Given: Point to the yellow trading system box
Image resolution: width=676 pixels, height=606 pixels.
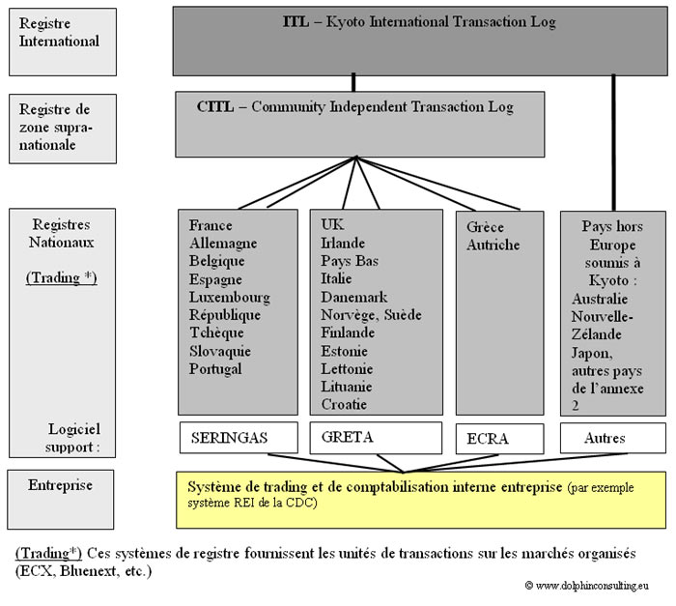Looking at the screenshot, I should [x=420, y=499].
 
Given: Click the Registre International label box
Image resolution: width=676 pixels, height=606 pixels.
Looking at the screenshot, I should [x=62, y=42].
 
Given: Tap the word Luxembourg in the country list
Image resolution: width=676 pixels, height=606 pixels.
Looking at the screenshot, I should [x=230, y=297].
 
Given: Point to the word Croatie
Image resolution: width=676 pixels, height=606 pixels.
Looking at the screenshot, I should [x=345, y=404].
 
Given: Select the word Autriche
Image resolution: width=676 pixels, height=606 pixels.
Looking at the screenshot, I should [x=493, y=245].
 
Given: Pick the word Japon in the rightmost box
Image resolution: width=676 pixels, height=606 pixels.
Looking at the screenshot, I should [x=591, y=352].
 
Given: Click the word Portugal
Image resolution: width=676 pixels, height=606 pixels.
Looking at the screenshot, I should [x=215, y=368].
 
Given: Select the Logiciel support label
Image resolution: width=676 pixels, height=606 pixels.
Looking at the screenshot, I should [x=75, y=438].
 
